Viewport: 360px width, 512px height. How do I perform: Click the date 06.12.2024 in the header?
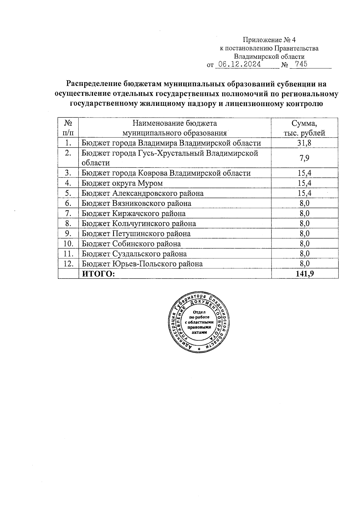click(x=239, y=64)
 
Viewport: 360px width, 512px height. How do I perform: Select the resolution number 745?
click(x=301, y=64)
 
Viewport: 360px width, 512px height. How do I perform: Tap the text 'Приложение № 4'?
click(x=269, y=40)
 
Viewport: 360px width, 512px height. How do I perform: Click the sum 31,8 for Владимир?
click(x=304, y=143)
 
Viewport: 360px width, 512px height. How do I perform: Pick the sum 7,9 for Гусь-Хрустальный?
click(x=304, y=158)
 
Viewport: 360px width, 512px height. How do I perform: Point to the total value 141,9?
click(x=304, y=273)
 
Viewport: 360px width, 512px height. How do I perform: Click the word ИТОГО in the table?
click(x=98, y=273)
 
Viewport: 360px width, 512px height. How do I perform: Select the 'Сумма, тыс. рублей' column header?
click(x=304, y=128)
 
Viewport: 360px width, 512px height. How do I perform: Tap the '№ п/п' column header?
click(x=68, y=128)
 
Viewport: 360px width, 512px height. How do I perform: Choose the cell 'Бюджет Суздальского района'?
click(x=134, y=254)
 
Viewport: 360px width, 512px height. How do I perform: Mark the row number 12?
click(x=69, y=263)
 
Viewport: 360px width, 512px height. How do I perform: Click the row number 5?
click(x=68, y=193)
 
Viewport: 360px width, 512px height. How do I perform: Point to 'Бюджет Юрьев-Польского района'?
click(x=142, y=264)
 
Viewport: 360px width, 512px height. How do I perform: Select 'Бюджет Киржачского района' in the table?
click(x=133, y=213)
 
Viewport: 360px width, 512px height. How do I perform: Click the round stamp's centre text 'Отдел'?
click(x=199, y=312)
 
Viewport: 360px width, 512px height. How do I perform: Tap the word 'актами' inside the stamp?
click(x=199, y=332)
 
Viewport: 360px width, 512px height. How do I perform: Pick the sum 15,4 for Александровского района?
click(x=304, y=193)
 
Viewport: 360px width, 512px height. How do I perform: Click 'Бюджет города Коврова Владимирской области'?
click(x=166, y=173)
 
